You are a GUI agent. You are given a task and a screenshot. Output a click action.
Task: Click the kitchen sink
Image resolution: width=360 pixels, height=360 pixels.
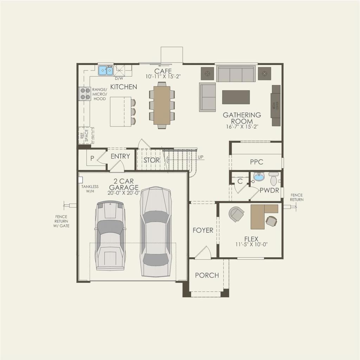pos(105,71)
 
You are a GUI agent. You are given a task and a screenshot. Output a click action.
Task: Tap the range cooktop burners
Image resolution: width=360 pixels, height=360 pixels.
pos(85,93)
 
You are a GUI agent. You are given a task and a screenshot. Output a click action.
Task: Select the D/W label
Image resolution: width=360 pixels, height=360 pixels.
pos(118,78)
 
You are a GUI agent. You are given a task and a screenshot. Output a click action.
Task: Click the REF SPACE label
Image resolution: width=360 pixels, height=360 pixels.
pos(84,135)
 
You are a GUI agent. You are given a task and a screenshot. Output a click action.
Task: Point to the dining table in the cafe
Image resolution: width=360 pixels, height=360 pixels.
pos(162,105)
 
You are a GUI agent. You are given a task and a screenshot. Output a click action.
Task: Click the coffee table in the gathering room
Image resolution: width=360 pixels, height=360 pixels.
pos(236,97)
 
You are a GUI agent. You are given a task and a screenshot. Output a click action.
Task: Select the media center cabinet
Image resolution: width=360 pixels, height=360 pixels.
pos(276,105)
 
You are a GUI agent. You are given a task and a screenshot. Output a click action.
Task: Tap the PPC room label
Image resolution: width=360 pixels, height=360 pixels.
pos(256,162)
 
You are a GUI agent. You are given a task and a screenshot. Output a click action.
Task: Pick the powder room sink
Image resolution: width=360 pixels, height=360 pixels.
pos(259,176)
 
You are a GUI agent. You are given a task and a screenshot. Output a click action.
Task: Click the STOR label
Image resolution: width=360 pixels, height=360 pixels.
pos(152,160)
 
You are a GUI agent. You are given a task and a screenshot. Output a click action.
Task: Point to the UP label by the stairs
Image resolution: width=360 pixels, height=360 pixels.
pos(200,157)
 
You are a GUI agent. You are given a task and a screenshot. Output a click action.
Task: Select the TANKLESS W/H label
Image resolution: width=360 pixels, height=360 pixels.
pos(90,189)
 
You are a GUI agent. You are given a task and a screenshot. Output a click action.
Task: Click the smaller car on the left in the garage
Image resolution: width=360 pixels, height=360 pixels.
pos(110,236)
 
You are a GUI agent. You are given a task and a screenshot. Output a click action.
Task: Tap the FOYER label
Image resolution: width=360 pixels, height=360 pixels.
pos(203,230)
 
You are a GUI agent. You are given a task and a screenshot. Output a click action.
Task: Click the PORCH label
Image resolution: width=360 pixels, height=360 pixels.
pos(207,275)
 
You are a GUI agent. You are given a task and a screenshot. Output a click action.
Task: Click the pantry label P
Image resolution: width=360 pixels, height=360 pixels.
pos(92,159)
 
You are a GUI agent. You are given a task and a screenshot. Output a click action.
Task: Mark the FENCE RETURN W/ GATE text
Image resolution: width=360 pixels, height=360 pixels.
pos(61,221)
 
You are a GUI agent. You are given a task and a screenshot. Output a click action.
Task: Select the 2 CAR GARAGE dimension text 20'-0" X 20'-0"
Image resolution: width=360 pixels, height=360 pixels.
pos(124,193)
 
